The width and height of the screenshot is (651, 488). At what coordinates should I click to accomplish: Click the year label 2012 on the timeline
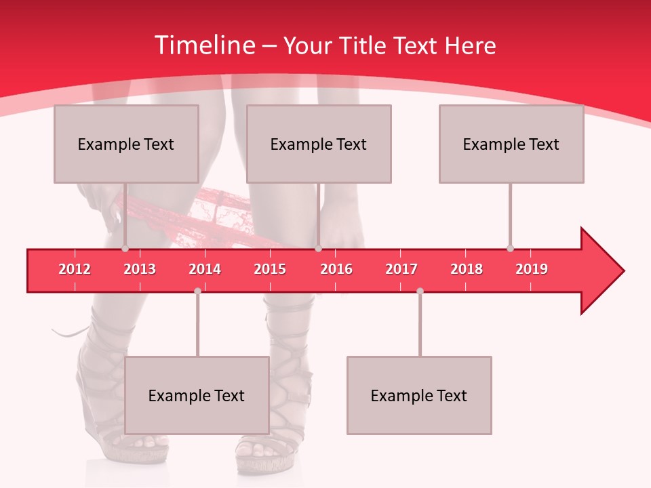coord(75,269)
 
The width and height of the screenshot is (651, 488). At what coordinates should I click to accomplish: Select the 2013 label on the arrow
coord(140,269)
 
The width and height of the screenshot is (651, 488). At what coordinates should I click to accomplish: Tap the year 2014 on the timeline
coord(205,269)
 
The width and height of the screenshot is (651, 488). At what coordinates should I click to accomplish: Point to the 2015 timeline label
coord(270,269)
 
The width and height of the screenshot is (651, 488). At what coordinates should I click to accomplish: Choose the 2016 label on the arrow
coord(336,269)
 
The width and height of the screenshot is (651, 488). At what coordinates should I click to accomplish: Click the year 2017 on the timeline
coord(401,269)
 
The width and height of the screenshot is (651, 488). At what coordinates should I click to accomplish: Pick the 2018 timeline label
coord(467,269)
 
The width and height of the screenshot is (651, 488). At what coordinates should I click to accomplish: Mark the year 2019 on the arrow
coord(532,269)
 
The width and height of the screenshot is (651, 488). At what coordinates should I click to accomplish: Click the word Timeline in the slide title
coord(203,45)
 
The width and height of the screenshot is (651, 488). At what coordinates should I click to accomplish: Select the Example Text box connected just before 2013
coord(126,144)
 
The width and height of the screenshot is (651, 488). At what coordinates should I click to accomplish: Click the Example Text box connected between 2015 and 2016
coord(319,144)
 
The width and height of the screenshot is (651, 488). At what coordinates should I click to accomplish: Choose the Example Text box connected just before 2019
coord(511,144)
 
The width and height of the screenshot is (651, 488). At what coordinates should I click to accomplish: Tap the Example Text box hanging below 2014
coord(197,395)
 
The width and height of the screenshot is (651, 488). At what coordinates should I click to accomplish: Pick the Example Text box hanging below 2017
coord(419,395)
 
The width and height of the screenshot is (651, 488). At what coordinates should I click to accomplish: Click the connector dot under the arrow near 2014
coord(197,291)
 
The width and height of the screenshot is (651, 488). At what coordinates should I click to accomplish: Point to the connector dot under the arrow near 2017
coord(420,291)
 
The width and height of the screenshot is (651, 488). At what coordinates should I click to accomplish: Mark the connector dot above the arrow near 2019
coord(510,249)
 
